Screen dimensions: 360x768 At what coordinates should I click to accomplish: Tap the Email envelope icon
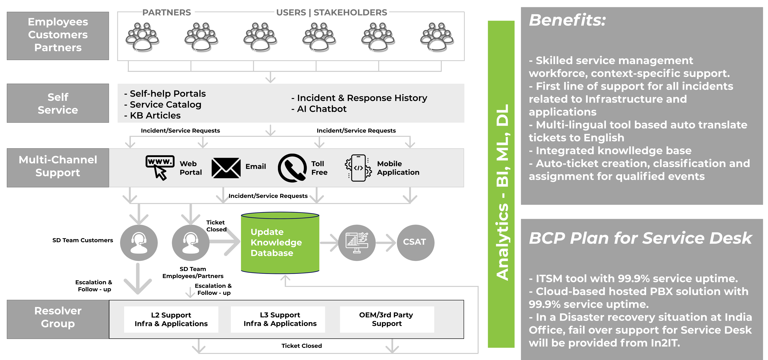pyautogui.click(x=226, y=168)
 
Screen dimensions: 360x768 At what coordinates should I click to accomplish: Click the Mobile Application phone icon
pyautogui.click(x=358, y=168)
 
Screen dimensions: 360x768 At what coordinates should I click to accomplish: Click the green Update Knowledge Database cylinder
pyautogui.click(x=280, y=243)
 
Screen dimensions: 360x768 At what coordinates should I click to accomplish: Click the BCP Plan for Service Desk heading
pyautogui.click(x=640, y=238)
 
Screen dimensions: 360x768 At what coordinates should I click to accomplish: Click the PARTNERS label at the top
pyautogui.click(x=167, y=12)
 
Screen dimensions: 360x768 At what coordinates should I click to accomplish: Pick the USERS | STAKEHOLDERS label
pyautogui.click(x=332, y=12)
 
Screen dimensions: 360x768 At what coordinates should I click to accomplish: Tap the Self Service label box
pyautogui.click(x=58, y=103)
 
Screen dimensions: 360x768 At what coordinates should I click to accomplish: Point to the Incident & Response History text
pyautogui.click(x=359, y=98)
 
